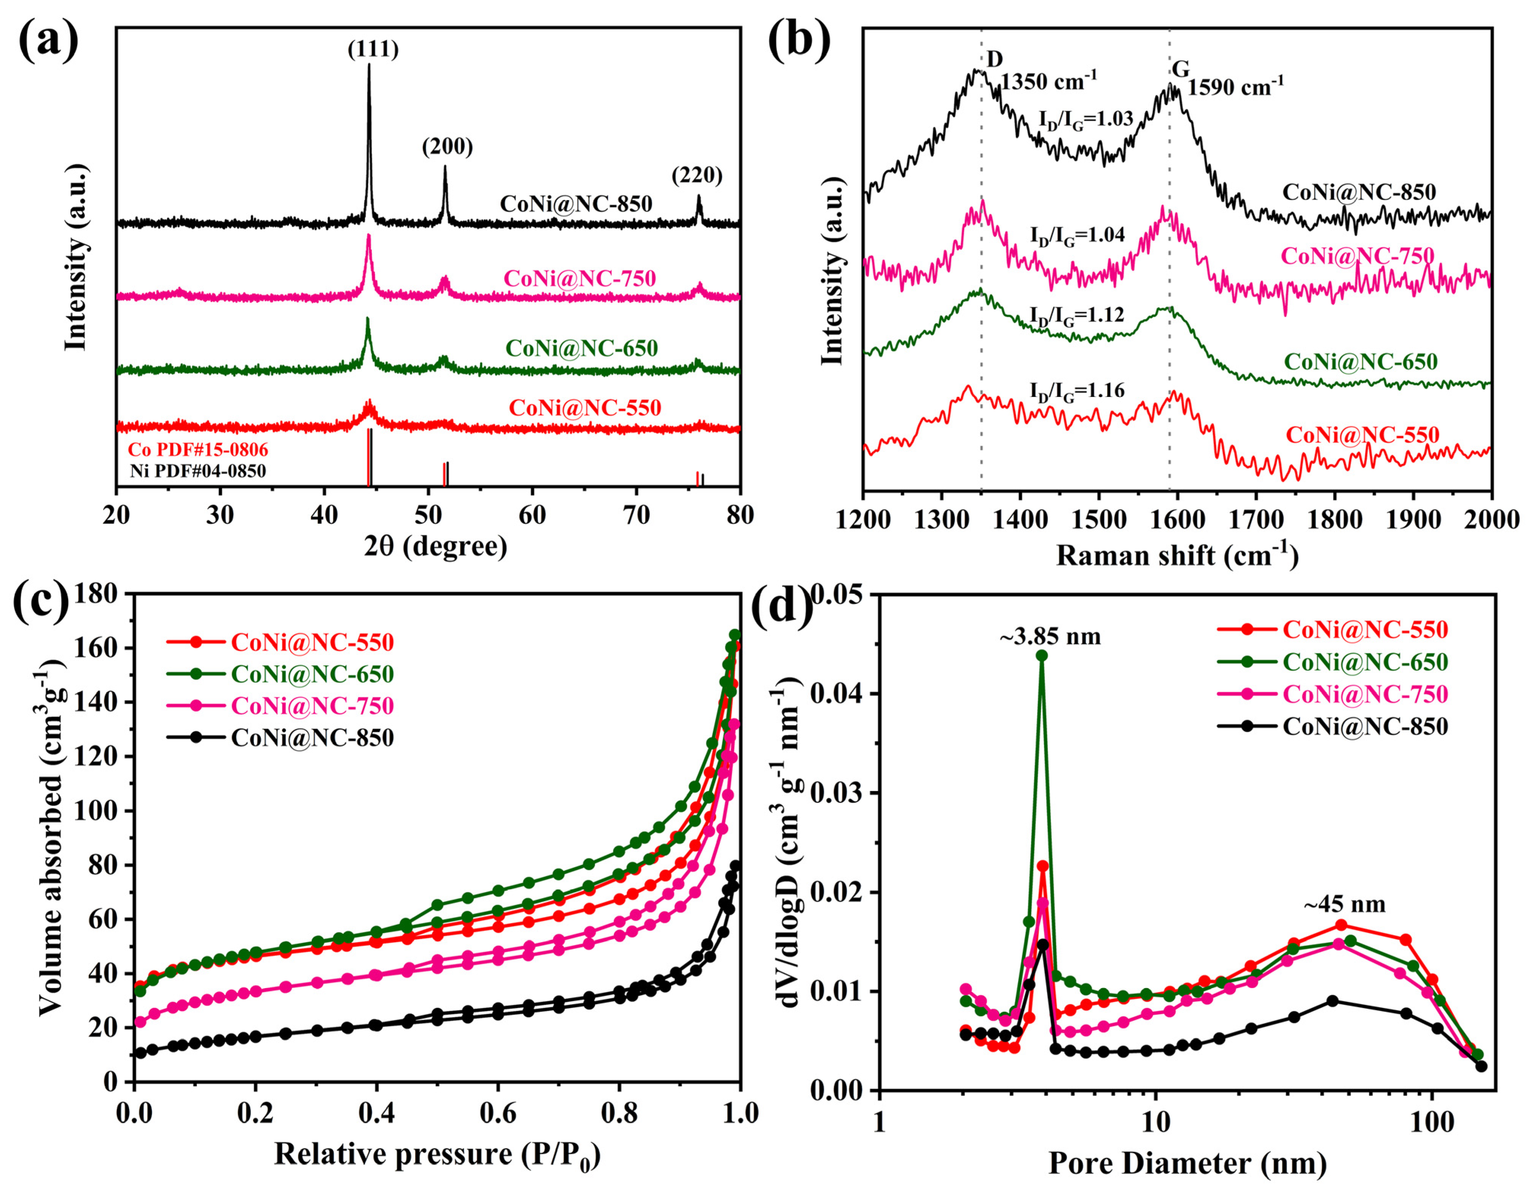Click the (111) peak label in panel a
pyautogui.click(x=373, y=50)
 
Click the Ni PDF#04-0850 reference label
pyautogui.click(x=198, y=471)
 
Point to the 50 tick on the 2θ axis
pyautogui.click(x=428, y=516)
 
